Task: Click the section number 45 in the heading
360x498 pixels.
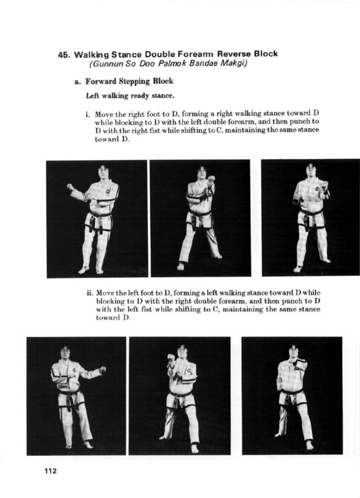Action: point(64,55)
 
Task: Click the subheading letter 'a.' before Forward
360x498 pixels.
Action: point(78,82)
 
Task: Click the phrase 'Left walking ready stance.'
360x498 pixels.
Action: point(130,96)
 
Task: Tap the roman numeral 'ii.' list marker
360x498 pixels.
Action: point(90,293)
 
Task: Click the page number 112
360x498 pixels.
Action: point(51,471)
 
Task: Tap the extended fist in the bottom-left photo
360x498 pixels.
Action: point(103,369)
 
